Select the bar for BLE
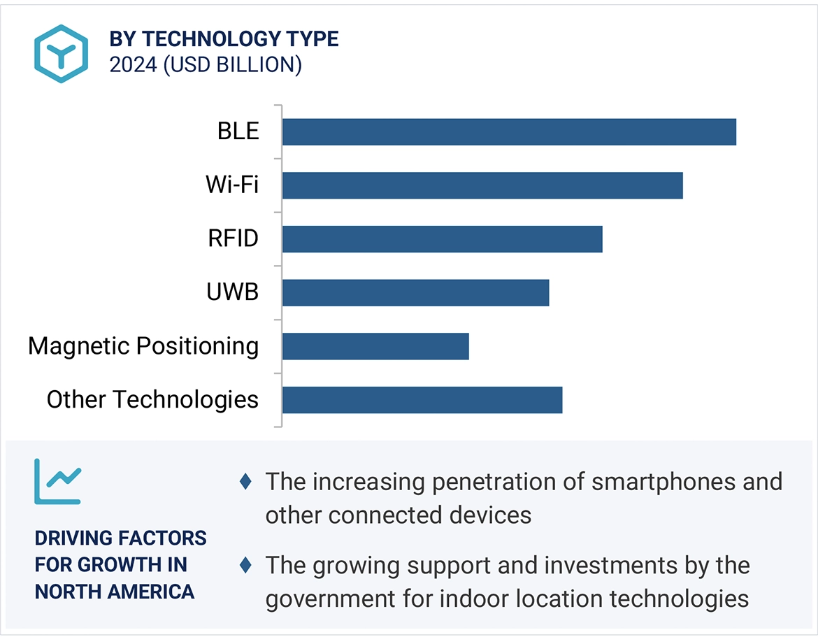[509, 131]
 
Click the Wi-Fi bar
[482, 185]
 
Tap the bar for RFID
[442, 239]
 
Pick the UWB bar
[415, 293]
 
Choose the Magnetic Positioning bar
[375, 346]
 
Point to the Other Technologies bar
[422, 400]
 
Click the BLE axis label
[238, 131]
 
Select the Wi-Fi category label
[231, 185]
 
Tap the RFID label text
[233, 239]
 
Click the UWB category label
[232, 292]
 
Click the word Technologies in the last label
[185, 400]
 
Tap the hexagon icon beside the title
[62, 53]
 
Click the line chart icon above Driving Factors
[58, 481]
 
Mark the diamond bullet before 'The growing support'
[245, 564]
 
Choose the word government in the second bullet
[324, 599]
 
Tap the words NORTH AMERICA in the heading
[115, 592]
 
